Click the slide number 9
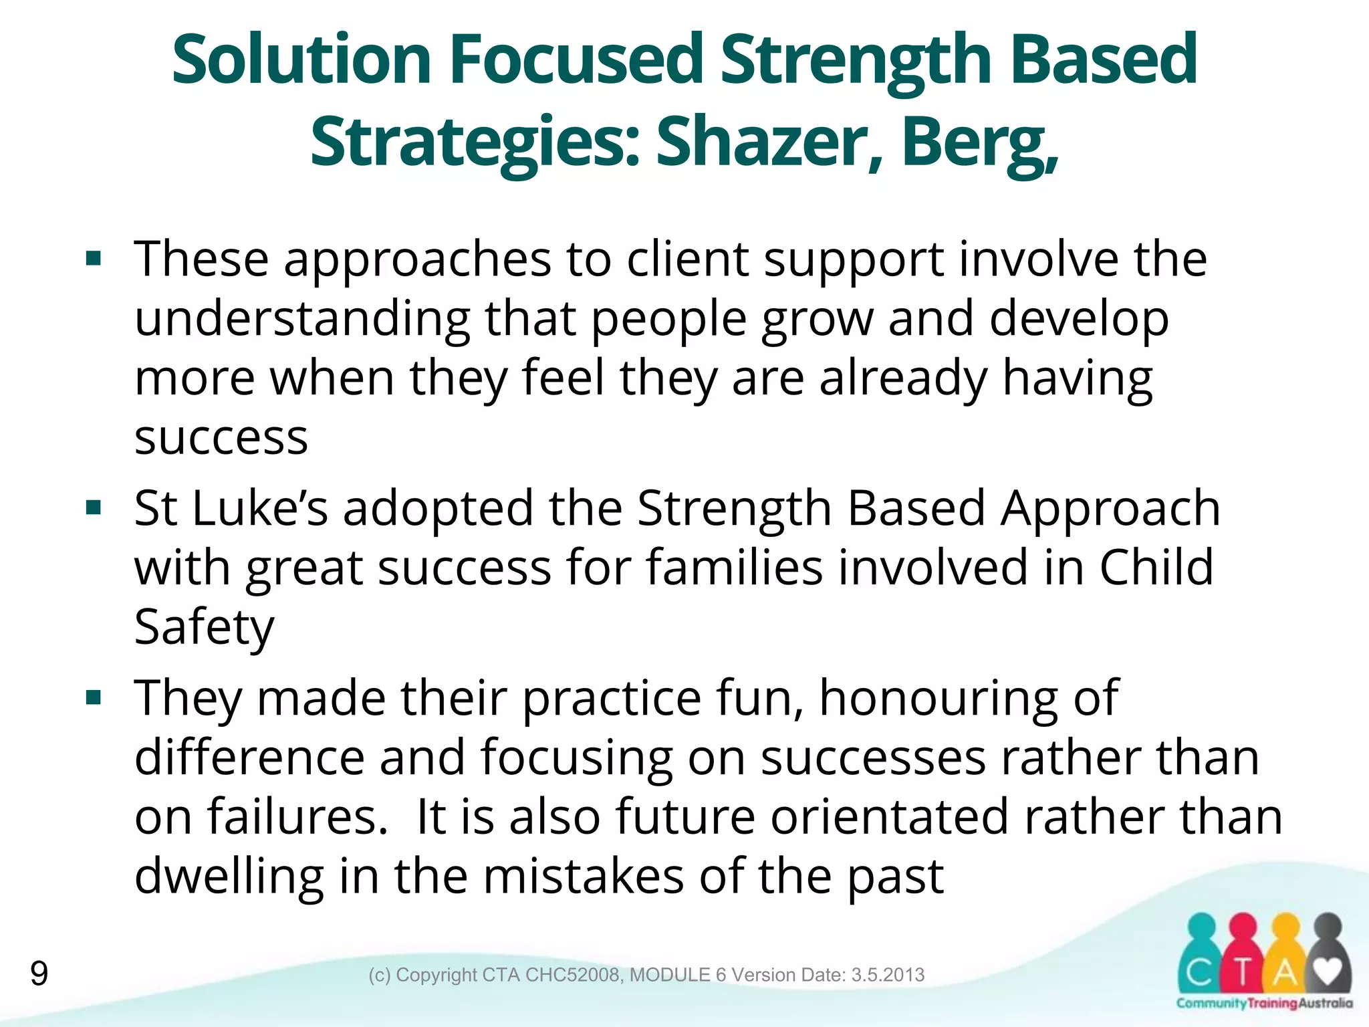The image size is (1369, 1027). [39, 974]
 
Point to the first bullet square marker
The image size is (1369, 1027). [94, 259]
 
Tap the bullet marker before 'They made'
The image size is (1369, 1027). [94, 698]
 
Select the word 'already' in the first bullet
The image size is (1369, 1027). [903, 378]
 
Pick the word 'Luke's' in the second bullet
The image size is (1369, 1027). [260, 508]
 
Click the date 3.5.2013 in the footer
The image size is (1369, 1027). [888, 975]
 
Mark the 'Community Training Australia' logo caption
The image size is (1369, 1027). [1264, 1003]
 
